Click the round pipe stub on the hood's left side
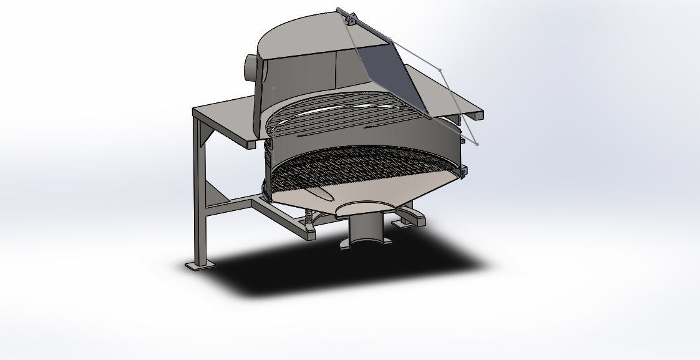click(x=249, y=67)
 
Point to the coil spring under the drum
click(x=310, y=218)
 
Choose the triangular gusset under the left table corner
click(x=206, y=135)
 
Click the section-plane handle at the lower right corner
click(x=477, y=144)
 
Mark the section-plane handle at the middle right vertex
click(x=439, y=69)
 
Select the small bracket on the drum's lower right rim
click(x=464, y=169)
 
